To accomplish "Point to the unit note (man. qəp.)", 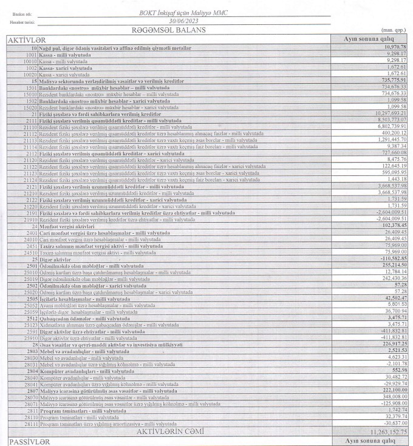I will (391, 30).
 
